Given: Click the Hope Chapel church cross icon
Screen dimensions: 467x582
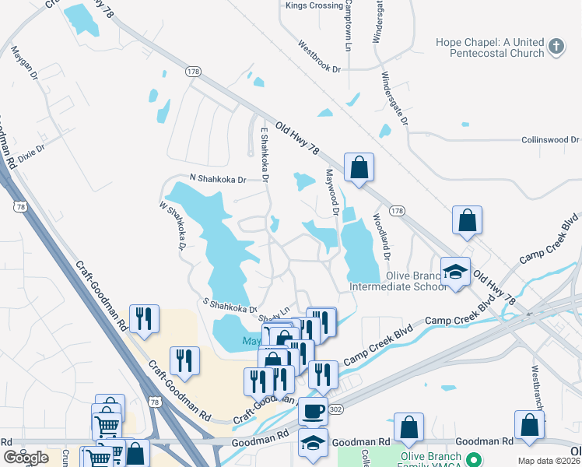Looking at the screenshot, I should tap(556, 47).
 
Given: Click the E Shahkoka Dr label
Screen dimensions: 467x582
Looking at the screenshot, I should tap(265, 156).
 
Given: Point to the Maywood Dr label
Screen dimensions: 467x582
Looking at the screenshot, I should tap(332, 192).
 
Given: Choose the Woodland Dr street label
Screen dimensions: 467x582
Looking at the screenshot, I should tap(382, 237).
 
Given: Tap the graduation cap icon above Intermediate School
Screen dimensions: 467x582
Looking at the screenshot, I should tap(456, 272).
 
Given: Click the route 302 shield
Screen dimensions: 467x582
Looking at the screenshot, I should tap(335, 409).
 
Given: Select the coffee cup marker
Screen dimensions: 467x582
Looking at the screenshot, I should tap(313, 410).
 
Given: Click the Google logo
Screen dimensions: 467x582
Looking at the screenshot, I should tap(26, 458).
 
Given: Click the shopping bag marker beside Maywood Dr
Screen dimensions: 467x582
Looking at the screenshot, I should tap(359, 167).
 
